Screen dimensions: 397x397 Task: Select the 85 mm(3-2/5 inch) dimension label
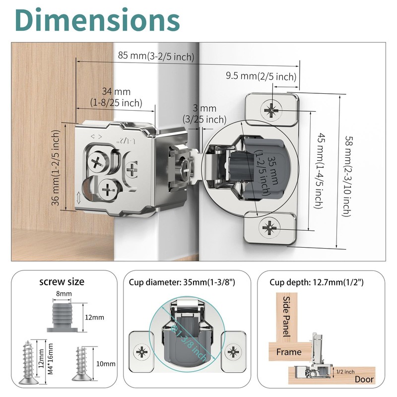tap(155, 56)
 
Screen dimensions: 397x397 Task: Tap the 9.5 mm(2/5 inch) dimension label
tap(261, 76)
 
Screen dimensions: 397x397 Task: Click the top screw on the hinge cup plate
tap(271, 109)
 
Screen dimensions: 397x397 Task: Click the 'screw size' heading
tap(62, 282)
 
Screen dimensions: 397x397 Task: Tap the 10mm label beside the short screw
tap(106, 364)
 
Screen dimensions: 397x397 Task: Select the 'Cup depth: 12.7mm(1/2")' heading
tap(317, 282)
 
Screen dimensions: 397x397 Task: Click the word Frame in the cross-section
tap(289, 352)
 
